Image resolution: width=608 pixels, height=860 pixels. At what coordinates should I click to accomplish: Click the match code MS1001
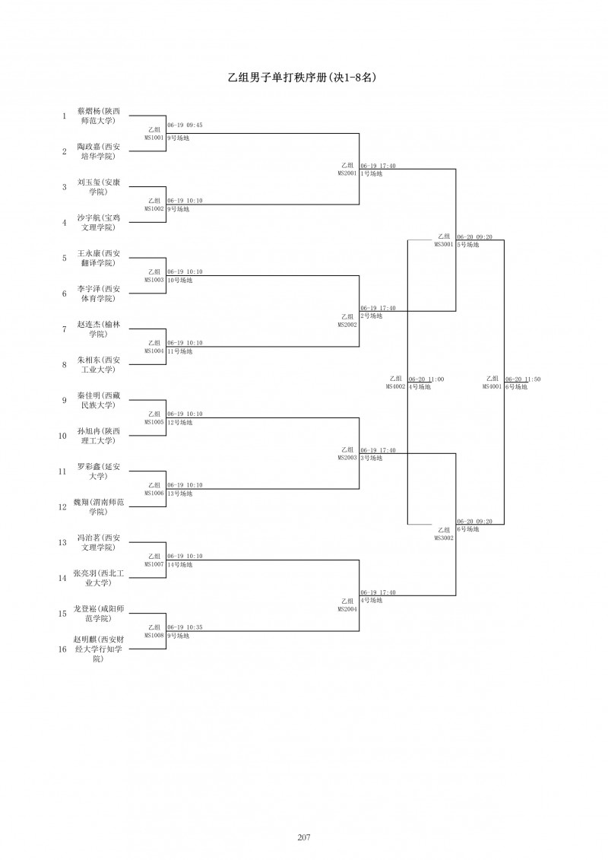coord(154,138)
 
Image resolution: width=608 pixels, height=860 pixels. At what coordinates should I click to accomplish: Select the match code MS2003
coord(347,458)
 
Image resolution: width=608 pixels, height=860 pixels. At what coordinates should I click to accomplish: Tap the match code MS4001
coord(492,386)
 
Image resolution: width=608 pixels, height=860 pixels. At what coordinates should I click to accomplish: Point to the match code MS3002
coord(444,538)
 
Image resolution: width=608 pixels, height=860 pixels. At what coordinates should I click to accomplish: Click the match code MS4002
coord(395,386)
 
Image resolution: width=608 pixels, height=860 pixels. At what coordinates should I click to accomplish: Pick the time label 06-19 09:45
coord(185,125)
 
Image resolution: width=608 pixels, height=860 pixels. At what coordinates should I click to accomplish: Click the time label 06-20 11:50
coord(523,379)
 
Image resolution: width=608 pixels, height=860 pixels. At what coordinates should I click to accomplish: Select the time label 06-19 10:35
coord(185,627)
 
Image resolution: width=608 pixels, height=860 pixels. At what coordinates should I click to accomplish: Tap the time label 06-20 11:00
coord(426,379)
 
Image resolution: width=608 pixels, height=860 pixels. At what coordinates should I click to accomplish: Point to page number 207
coord(304,837)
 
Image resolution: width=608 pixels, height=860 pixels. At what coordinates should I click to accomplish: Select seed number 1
coord(65,116)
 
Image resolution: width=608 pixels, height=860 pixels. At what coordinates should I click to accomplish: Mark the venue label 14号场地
coord(180,565)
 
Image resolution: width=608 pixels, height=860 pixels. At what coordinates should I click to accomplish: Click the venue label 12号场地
coord(180,422)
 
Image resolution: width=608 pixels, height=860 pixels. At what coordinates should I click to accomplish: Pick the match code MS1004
coord(154,351)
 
